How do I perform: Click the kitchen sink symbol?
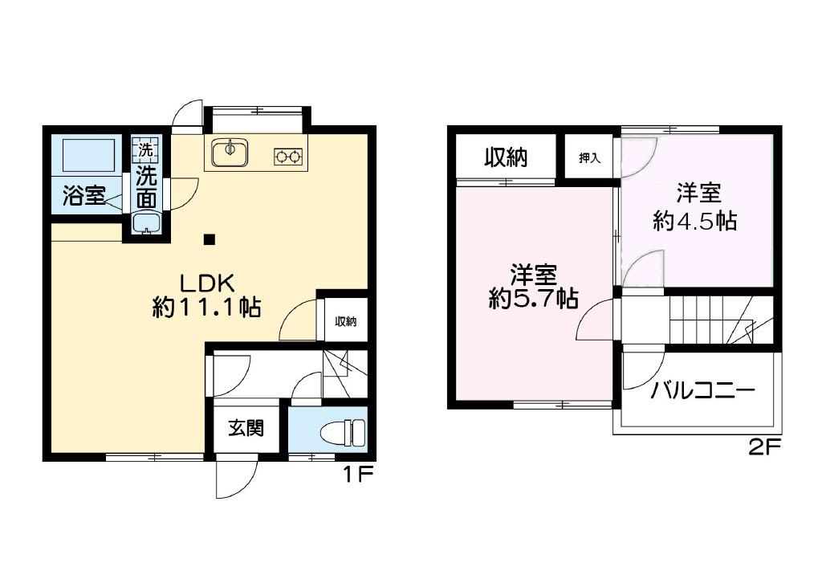(x=230, y=151)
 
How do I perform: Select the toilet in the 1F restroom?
(x=343, y=432)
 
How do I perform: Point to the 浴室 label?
(x=83, y=197)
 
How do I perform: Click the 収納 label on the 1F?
(x=346, y=321)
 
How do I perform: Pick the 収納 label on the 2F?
(x=505, y=157)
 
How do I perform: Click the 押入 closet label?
(x=590, y=157)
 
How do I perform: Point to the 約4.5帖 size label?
(x=695, y=221)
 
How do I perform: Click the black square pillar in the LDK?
(x=209, y=238)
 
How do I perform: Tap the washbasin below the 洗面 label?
(x=146, y=222)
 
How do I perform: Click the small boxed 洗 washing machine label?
(x=145, y=149)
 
